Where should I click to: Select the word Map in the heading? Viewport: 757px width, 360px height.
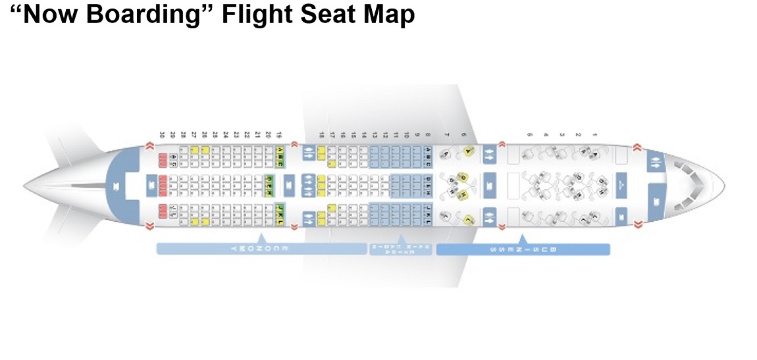[388, 14]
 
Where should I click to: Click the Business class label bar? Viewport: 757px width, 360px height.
[523, 249]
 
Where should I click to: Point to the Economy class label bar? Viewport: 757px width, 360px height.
[261, 249]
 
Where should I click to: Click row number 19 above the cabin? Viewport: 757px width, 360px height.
[280, 135]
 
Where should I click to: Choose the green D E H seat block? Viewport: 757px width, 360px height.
[269, 179]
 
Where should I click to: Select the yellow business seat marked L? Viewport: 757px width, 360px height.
[469, 219]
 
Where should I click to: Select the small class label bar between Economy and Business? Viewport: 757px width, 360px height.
[400, 249]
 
